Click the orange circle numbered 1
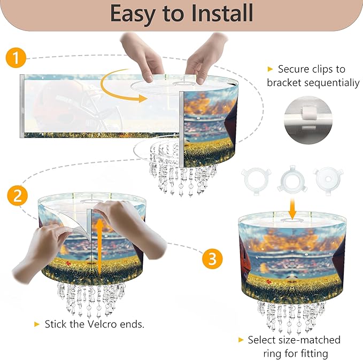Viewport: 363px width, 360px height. [16, 58]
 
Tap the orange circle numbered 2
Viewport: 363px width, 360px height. [17, 195]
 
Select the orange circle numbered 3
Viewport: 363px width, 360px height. [212, 259]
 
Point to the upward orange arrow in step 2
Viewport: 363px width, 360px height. [100, 247]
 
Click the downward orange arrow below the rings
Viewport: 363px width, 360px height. [292, 208]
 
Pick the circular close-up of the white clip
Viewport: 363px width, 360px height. [308, 120]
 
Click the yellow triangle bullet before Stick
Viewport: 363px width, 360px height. [36, 324]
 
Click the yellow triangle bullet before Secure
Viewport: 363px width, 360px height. [270, 69]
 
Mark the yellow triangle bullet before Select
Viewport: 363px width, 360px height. [241, 340]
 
